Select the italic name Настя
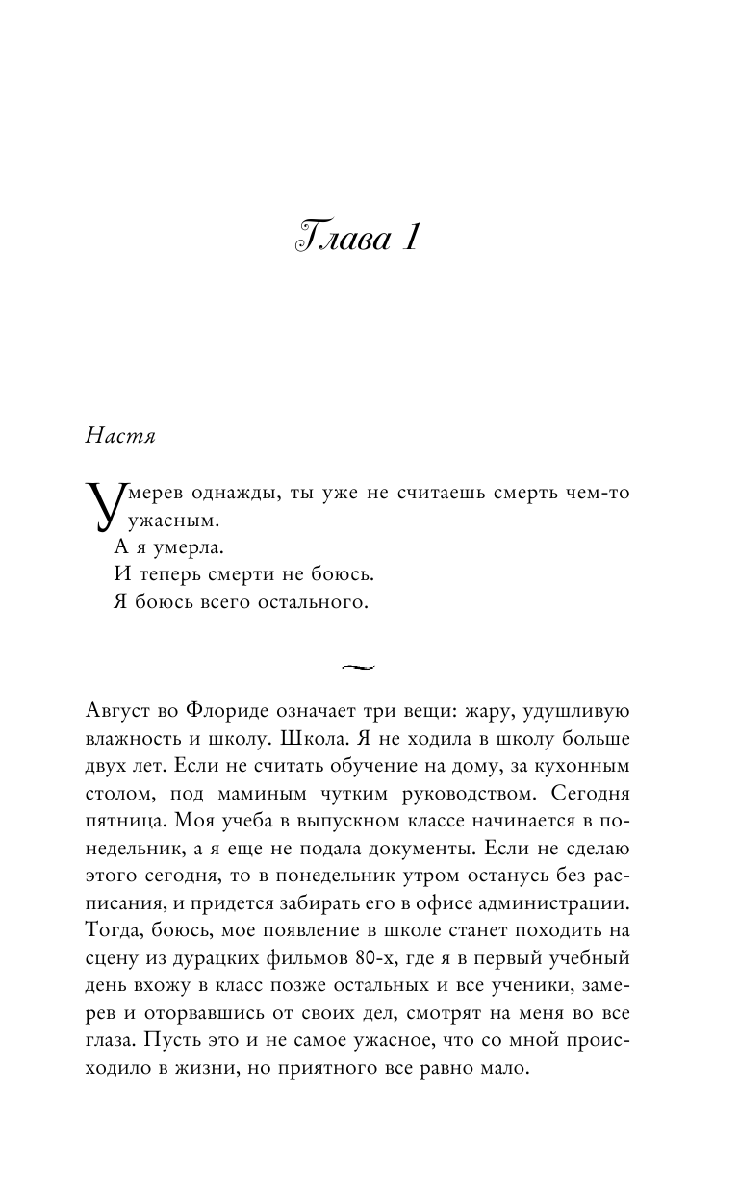click(x=120, y=436)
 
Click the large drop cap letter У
click(x=105, y=509)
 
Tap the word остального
click(x=314, y=603)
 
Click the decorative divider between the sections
click(x=356, y=664)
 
